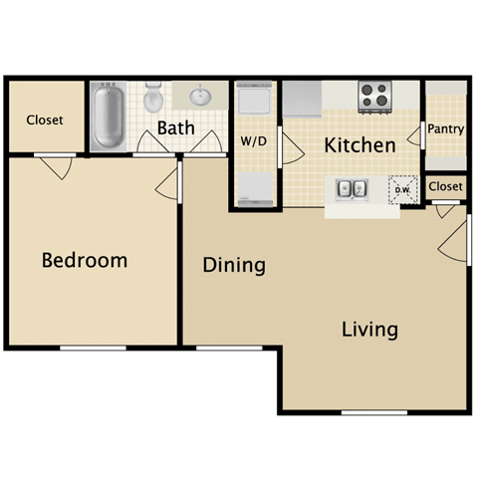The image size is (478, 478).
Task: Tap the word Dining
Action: click(233, 266)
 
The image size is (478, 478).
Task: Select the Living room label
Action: click(369, 329)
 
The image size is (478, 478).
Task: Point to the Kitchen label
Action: click(359, 145)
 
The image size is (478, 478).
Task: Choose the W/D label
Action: click(253, 141)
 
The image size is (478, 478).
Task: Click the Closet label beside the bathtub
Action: click(44, 119)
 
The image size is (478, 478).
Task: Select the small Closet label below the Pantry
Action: click(445, 186)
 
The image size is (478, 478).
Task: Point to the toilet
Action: click(152, 100)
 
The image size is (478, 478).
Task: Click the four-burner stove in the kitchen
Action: click(373, 96)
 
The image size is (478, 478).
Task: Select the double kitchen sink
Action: click(351, 187)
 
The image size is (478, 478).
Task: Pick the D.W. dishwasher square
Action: click(403, 189)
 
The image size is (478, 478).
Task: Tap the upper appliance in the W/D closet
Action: click(253, 102)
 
